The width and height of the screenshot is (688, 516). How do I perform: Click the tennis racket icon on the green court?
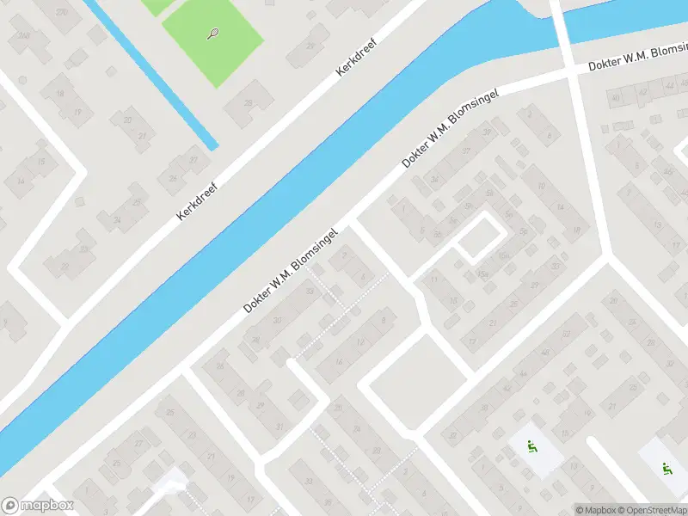(212, 34)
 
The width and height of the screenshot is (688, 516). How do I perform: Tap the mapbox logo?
(38, 506)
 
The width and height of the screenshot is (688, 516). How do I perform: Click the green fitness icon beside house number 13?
(531, 446)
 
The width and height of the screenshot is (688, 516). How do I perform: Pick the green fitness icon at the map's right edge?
(664, 469)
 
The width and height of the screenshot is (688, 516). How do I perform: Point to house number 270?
(61, 12)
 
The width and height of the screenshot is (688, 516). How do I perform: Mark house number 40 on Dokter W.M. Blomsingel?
(615, 98)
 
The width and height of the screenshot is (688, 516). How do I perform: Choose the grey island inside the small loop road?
(476, 238)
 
